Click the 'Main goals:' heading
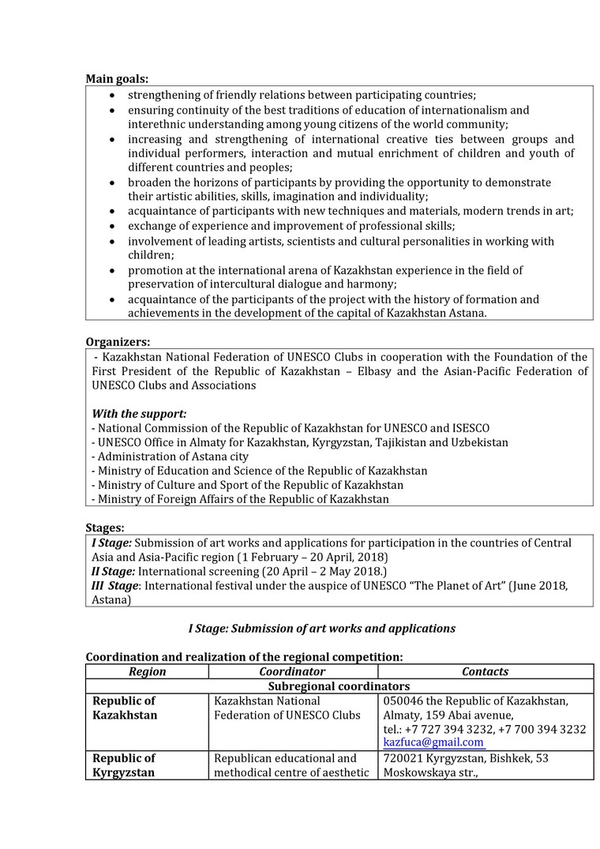pos(117,79)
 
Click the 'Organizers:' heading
pos(118,342)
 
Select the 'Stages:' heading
pos(105,528)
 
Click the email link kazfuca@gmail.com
pos(433,742)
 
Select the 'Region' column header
pos(147,671)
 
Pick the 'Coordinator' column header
pos(292,671)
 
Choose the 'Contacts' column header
pos(485,671)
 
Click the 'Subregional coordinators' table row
pos(339,686)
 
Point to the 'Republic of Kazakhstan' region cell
pos(125,708)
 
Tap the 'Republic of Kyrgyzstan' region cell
pos(124,765)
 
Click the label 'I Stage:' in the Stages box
pos(111,543)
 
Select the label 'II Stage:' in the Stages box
pos(114,571)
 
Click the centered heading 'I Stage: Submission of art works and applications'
pos(321,629)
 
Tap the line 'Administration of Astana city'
pos(170,456)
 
